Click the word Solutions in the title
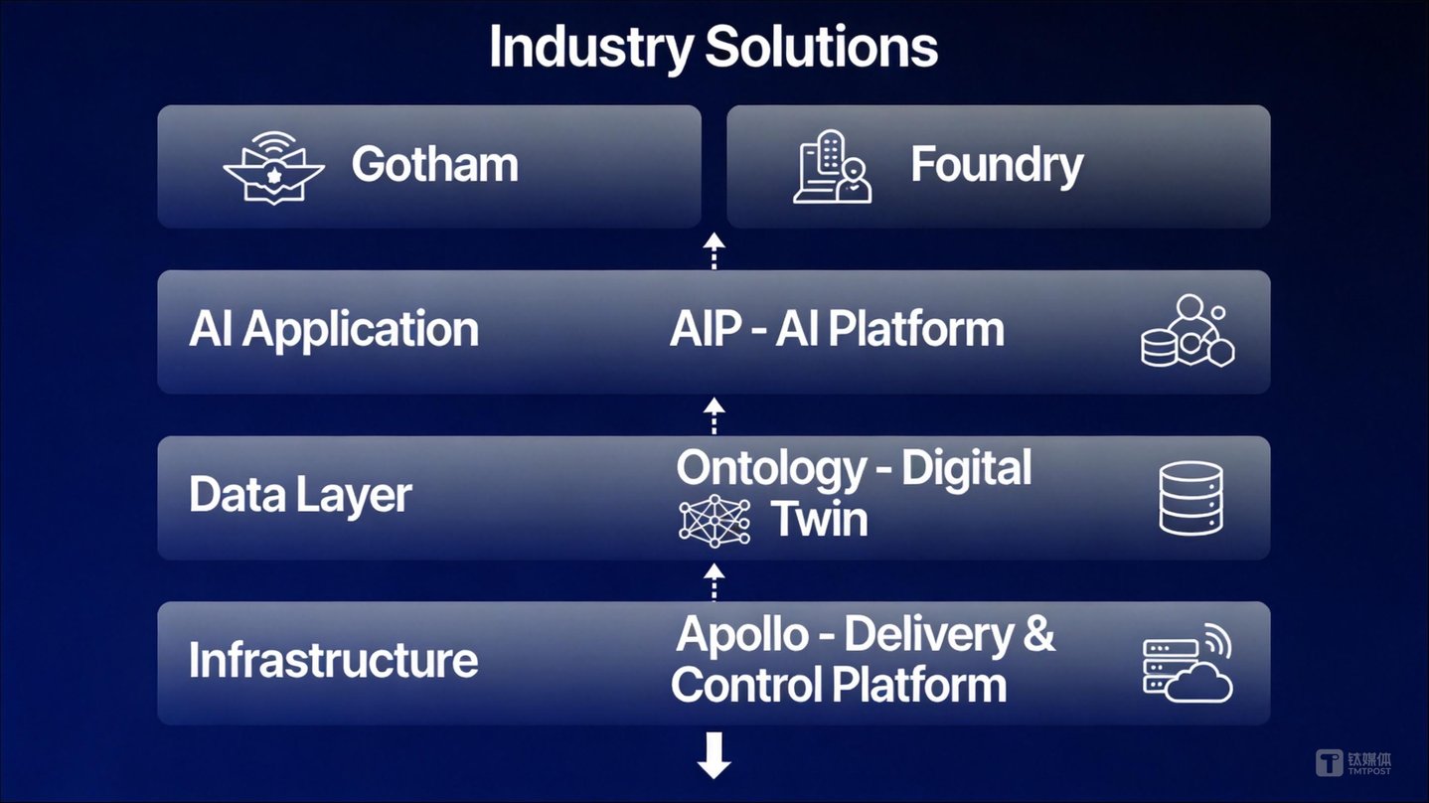822,46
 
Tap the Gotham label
434,165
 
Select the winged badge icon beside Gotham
273,168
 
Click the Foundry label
997,166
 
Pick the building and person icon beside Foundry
833,167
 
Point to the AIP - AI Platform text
837,329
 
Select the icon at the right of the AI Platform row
1188,330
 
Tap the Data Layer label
300,496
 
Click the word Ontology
770,469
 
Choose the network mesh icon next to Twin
714,521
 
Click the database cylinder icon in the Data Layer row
1191,498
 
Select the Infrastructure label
333,660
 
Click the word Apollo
742,635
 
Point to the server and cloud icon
1188,663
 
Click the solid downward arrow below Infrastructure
714,755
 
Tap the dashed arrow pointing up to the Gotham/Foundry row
714,250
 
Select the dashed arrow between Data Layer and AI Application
714,415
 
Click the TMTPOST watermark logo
1353,763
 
